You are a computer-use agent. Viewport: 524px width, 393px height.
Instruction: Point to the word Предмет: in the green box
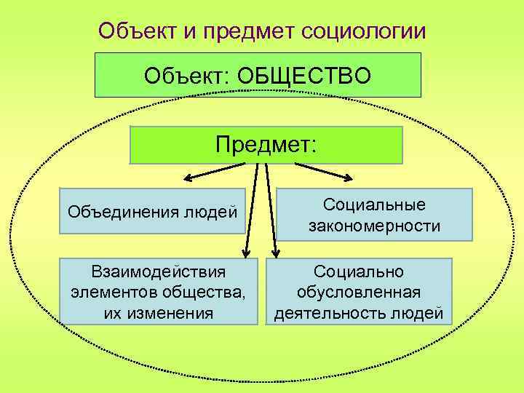pyautogui.click(x=266, y=144)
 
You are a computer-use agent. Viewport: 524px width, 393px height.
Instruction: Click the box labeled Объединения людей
pyautogui.click(x=152, y=213)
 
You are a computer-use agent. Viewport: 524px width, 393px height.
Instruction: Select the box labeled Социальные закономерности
pyautogui.click(x=374, y=215)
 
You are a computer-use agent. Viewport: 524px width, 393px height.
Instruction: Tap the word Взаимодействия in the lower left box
pyautogui.click(x=159, y=271)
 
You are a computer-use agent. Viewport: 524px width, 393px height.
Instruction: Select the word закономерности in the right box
pyautogui.click(x=374, y=226)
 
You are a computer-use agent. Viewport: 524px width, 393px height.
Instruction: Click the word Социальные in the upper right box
pyautogui.click(x=374, y=205)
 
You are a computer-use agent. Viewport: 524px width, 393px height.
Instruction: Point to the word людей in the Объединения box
pyautogui.click(x=213, y=213)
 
